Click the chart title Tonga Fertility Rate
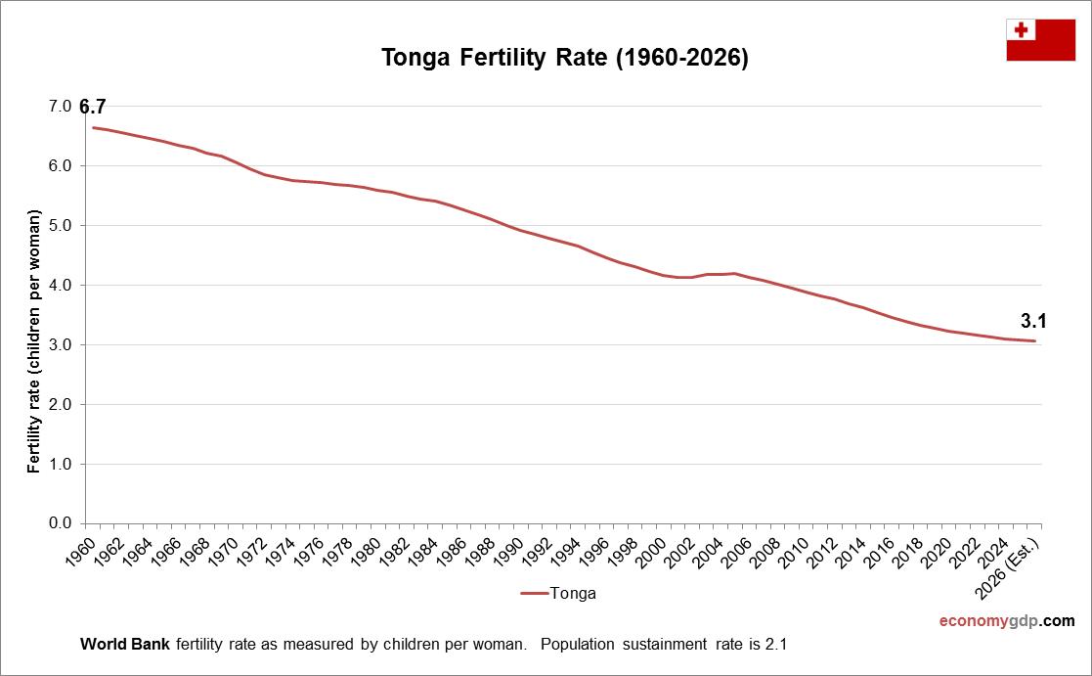pos(565,59)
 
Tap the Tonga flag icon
pos(1040,39)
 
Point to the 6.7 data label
pos(93,107)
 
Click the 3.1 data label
pos(1034,320)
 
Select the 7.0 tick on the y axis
pos(61,107)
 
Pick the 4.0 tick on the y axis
pos(61,286)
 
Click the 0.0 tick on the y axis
pos(61,523)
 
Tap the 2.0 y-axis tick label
pos(61,404)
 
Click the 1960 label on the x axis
pos(84,550)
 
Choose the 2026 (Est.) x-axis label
pos(1018,558)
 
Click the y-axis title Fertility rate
pos(34,340)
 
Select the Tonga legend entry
pos(558,593)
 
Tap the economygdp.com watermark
pos(1007,620)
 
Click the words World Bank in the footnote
pos(124,645)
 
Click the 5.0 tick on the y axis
pos(61,226)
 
